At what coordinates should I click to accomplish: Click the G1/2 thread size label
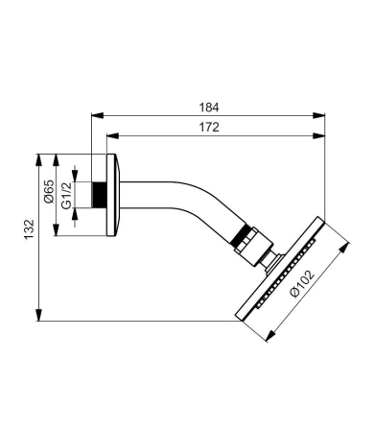tap(66, 196)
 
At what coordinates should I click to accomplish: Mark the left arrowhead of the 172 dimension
tap(108, 137)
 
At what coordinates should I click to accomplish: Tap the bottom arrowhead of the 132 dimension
tap(38, 317)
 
